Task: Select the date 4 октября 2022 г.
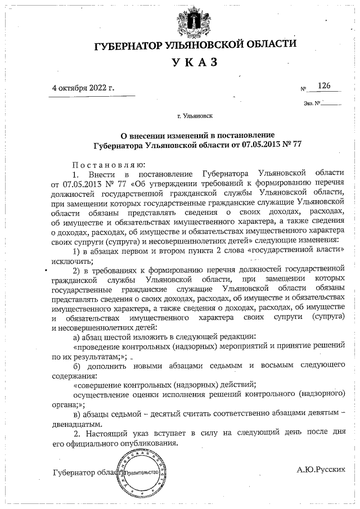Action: coord(83,88)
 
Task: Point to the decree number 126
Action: coord(324,85)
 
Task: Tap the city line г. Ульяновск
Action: coord(195,117)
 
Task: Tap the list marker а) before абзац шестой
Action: coord(78,337)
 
